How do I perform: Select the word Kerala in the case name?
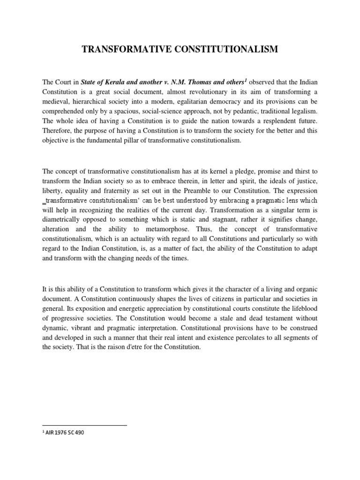tap(117, 82)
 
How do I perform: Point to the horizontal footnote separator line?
tap(84, 425)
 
